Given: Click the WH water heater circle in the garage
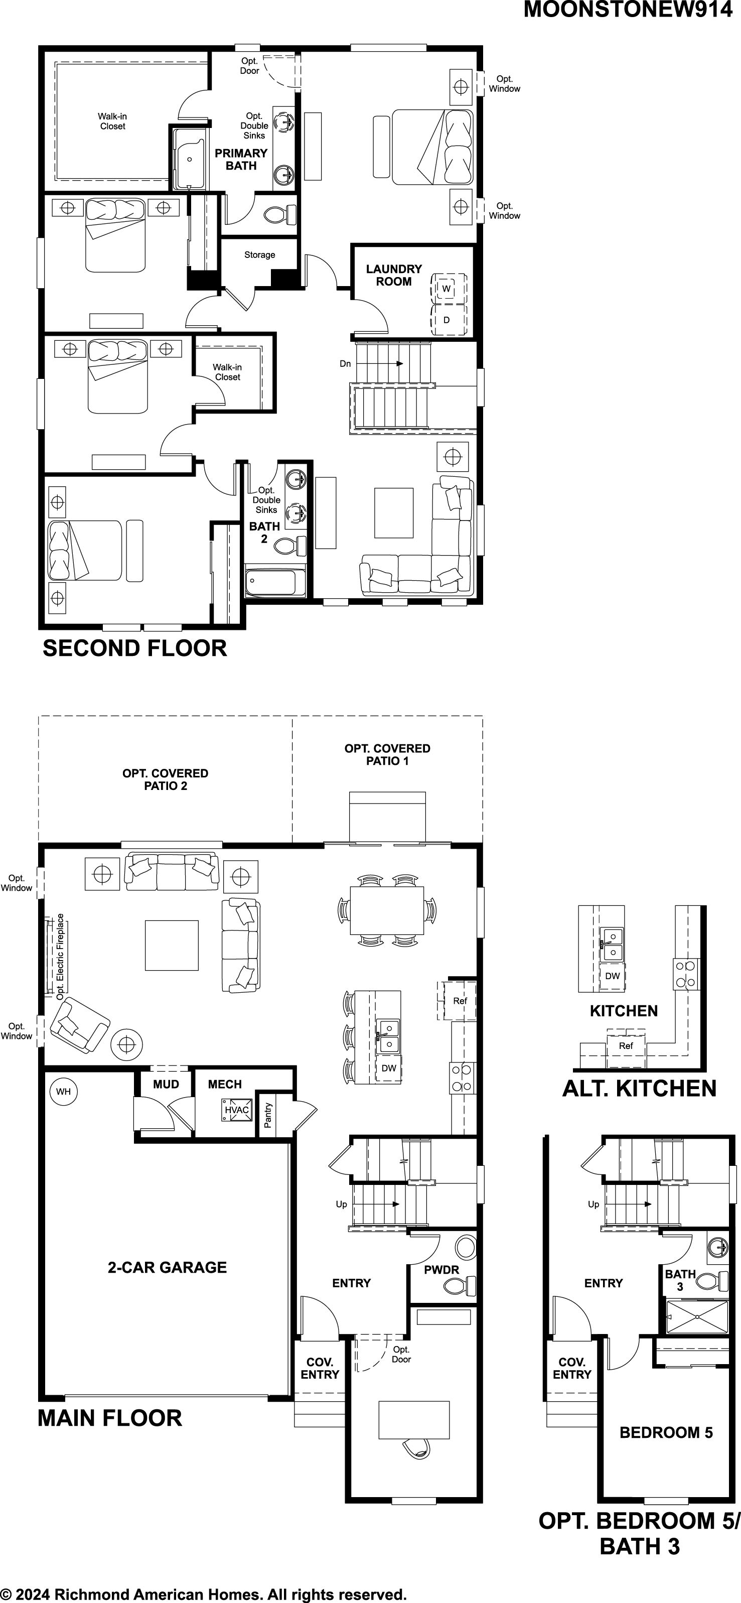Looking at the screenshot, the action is [63, 1092].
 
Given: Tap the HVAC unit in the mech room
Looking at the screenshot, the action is [236, 1110].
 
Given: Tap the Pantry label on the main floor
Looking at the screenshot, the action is [267, 1115].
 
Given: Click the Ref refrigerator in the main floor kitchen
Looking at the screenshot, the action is [460, 1001].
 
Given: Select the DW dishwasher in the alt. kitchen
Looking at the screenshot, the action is [612, 976].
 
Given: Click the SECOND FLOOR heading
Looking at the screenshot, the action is [134, 648].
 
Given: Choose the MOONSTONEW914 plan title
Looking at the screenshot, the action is [628, 10].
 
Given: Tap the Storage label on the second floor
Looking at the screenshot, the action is [259, 254].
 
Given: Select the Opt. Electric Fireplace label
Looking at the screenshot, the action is [60, 957].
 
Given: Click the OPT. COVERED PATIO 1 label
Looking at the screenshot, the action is [388, 754].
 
